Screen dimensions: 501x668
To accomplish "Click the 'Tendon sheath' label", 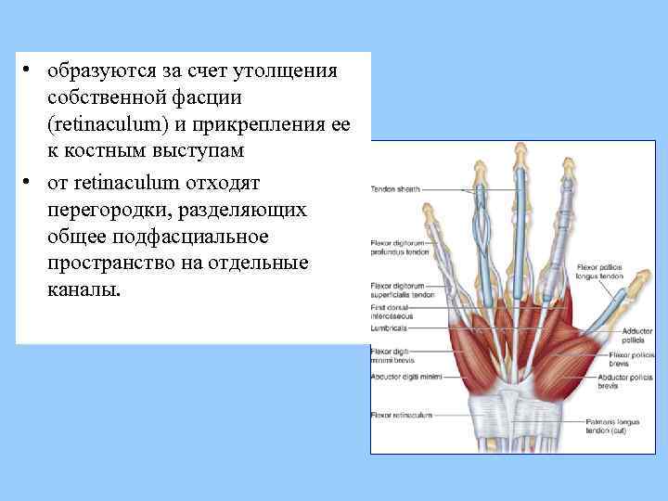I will (392, 187).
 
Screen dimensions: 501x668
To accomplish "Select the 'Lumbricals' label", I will (389, 328).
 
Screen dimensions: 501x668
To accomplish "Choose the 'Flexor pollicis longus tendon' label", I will (604, 272).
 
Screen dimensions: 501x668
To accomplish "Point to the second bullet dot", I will (30, 180).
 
